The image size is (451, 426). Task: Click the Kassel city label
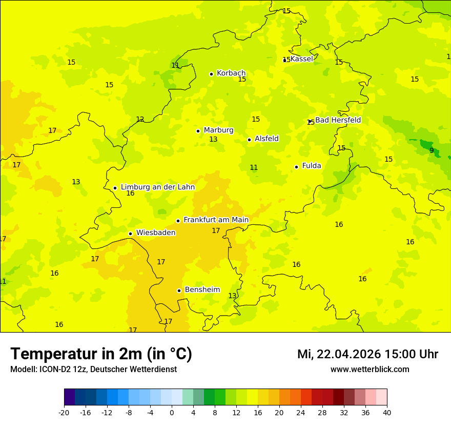(301, 59)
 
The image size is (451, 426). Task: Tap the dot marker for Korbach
(211, 74)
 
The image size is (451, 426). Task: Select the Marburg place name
(218, 130)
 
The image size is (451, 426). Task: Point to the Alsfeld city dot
(249, 140)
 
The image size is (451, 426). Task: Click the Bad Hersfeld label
(338, 120)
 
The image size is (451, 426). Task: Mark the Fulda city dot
(296, 167)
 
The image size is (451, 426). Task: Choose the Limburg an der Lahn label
(158, 187)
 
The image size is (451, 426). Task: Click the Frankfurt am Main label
(216, 220)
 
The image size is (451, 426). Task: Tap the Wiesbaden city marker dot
(131, 234)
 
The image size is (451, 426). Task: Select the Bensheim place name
(202, 290)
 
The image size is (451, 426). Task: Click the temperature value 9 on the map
(432, 150)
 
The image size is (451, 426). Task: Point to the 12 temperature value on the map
(140, 120)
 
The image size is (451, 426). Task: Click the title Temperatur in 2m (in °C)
(101, 354)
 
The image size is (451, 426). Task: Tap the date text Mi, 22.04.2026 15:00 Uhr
(367, 355)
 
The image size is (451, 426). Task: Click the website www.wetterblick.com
(370, 370)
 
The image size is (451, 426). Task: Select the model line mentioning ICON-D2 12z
(93, 370)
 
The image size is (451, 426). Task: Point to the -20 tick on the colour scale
(64, 413)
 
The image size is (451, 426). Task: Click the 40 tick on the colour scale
(387, 413)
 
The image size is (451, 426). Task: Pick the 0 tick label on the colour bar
(172, 413)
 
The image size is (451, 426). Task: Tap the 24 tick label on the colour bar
(301, 413)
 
